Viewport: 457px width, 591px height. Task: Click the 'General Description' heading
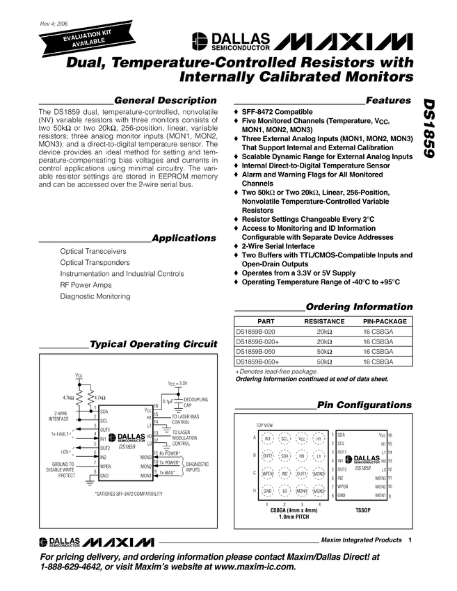(165, 100)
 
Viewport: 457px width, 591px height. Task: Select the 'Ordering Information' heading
(359, 307)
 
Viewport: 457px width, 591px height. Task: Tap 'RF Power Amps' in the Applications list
(86, 284)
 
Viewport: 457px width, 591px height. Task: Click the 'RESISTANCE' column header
(324, 322)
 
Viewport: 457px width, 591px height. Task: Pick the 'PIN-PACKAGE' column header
(385, 322)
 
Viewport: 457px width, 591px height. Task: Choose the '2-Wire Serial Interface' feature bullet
(278, 246)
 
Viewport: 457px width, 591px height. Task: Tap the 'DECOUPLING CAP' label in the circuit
(193, 403)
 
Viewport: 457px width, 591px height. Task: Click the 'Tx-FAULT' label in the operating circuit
(63, 433)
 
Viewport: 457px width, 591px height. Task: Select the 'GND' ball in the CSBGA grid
(267, 492)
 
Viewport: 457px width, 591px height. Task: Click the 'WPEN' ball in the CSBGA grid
(267, 473)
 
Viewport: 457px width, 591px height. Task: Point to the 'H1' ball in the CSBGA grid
(319, 439)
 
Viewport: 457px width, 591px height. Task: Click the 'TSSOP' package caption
(365, 510)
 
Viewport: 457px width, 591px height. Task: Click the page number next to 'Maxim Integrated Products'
(410, 540)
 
